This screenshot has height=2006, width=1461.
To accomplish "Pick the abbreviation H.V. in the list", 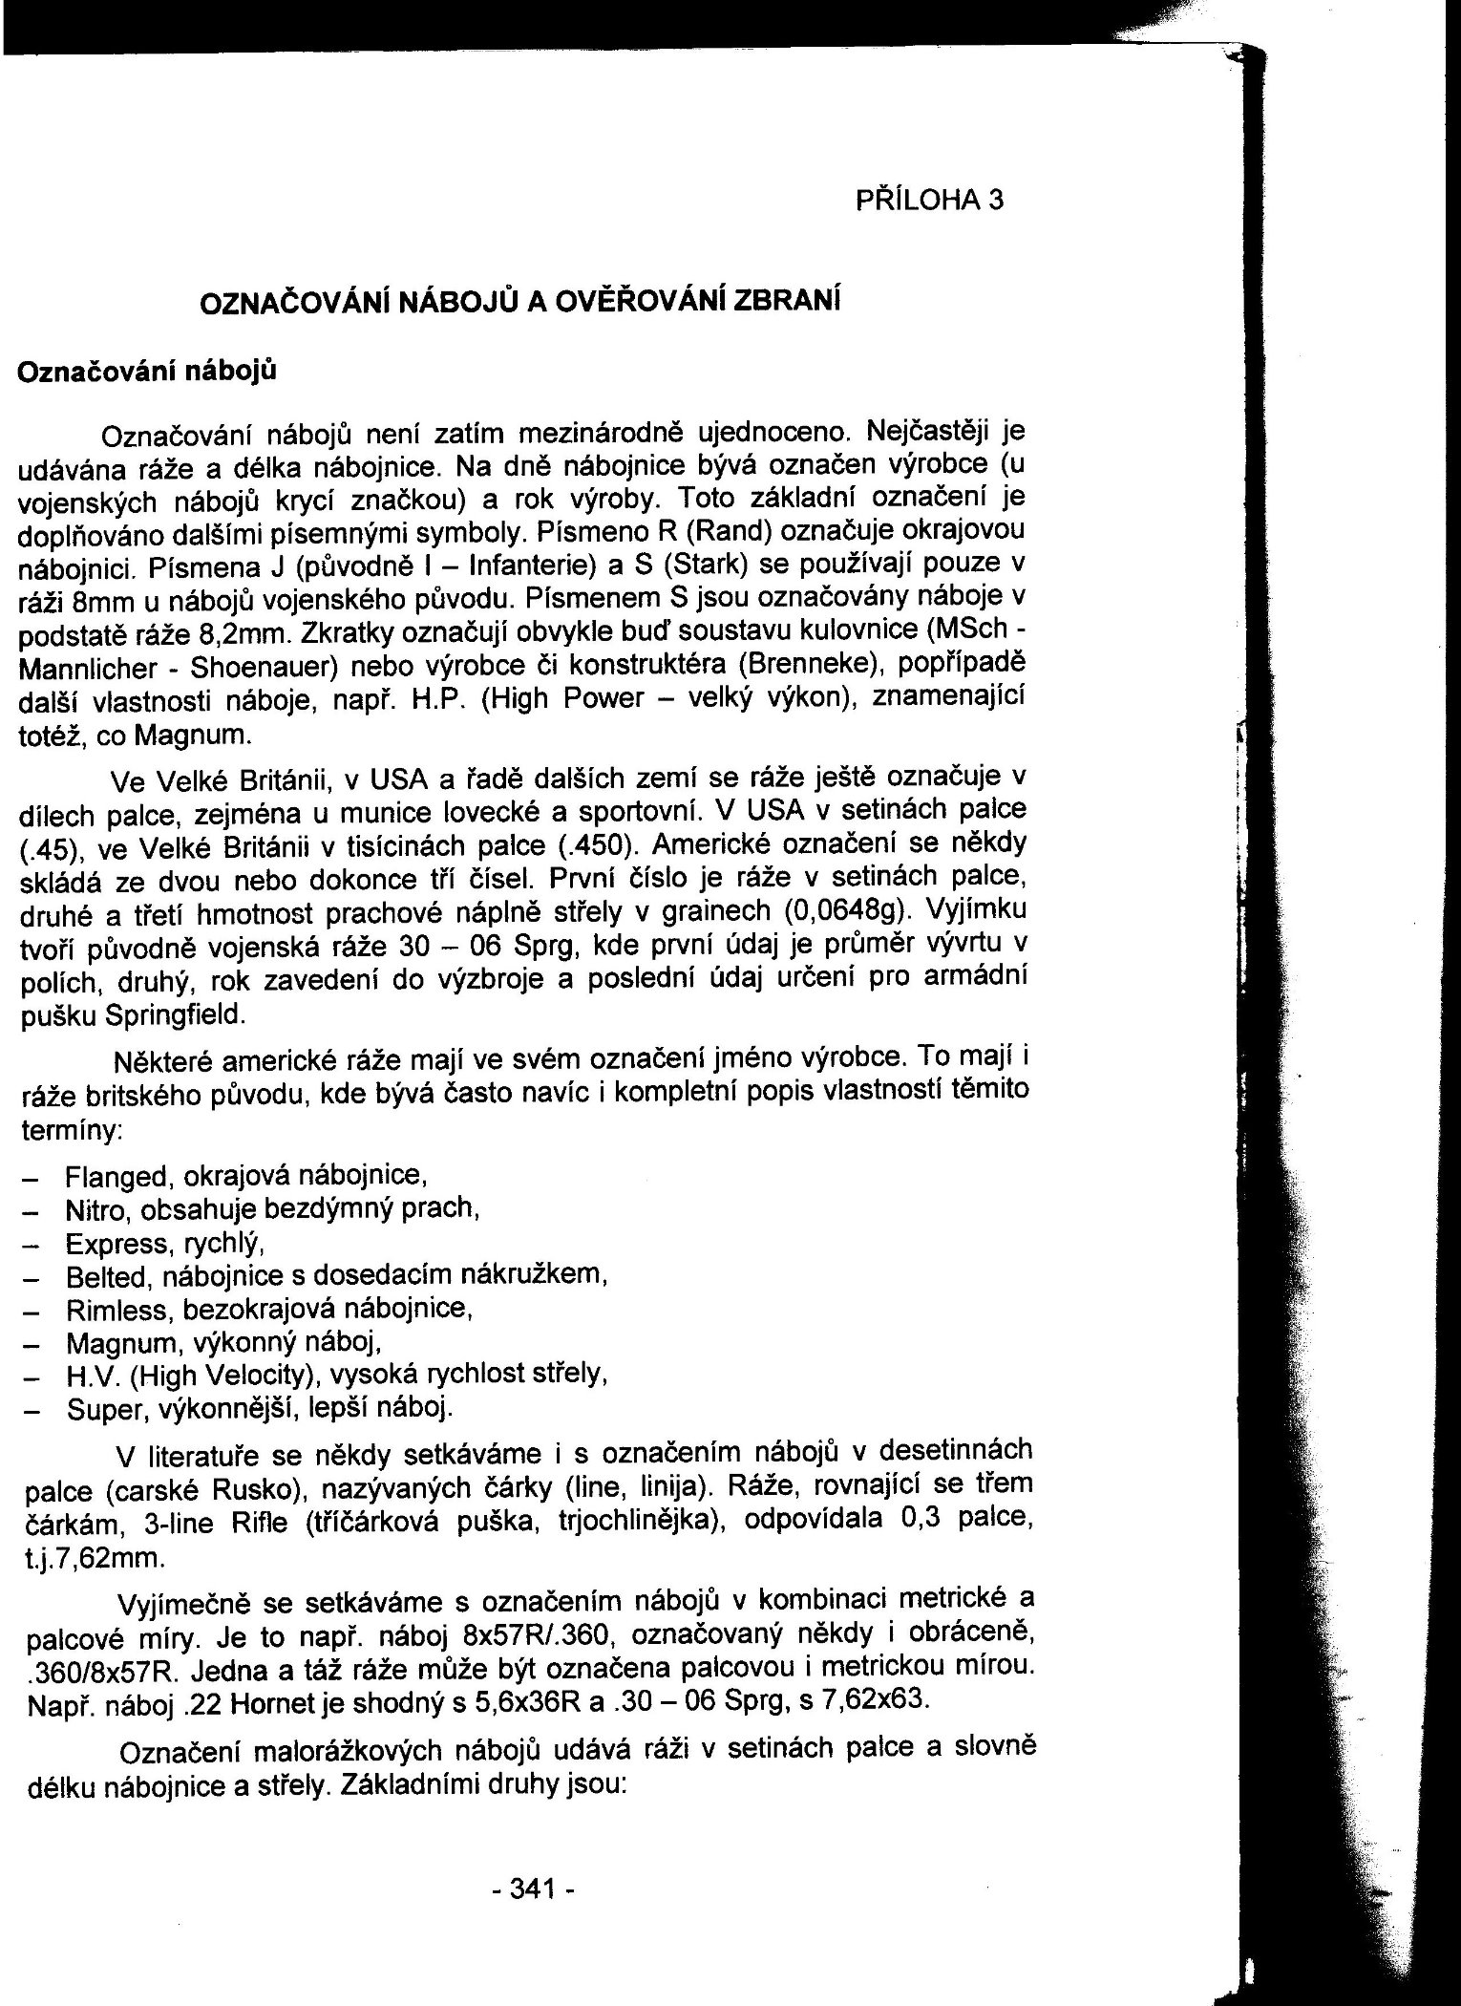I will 91,1376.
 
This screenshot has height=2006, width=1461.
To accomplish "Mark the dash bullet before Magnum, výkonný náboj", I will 29,1344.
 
